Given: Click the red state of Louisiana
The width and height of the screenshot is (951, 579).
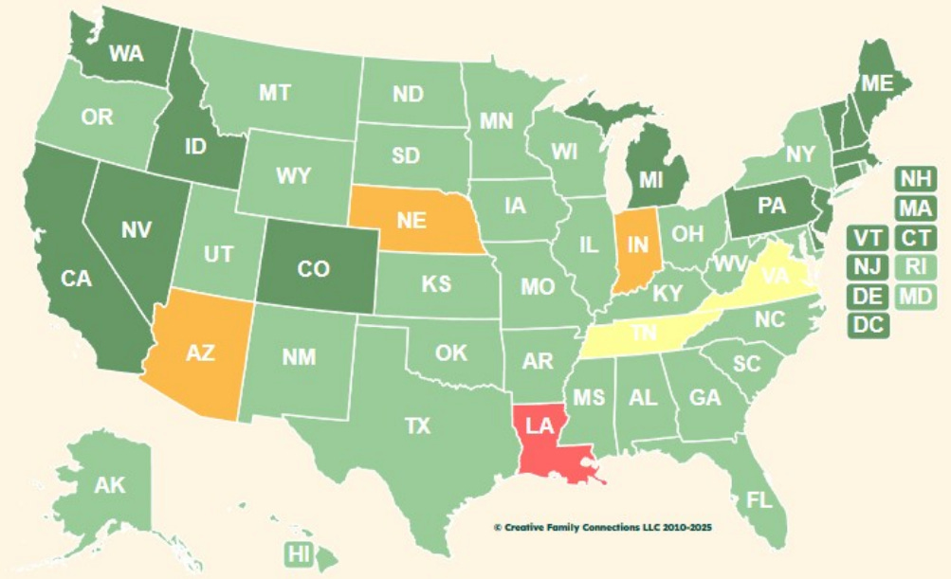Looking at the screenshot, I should [x=542, y=432].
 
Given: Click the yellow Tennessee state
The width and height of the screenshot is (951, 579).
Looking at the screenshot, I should [x=645, y=335].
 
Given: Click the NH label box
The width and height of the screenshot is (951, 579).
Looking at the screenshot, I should [x=915, y=178].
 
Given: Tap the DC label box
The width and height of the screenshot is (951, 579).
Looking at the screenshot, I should [x=865, y=324].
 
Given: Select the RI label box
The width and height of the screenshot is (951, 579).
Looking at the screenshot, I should [x=915, y=266].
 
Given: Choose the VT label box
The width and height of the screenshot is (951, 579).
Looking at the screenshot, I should [x=865, y=237].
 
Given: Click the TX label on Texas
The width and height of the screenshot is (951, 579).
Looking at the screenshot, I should [x=417, y=426].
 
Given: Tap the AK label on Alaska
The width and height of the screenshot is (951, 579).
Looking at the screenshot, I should [x=110, y=485].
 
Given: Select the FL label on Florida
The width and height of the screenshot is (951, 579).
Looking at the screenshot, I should [x=759, y=499].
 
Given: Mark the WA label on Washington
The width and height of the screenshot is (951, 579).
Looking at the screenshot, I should [x=125, y=53].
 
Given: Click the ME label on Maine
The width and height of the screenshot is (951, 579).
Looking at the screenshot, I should [x=876, y=84].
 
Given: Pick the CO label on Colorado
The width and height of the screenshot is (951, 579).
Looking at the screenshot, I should [x=313, y=269].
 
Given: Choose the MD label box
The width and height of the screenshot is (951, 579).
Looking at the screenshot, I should [x=915, y=296].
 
